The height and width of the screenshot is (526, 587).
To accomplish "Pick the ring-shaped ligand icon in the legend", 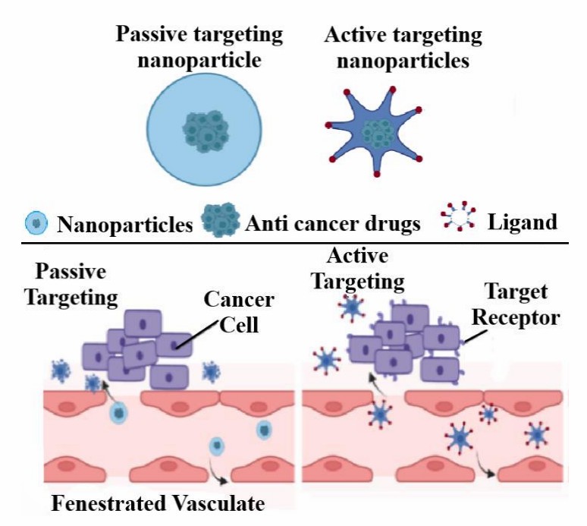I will click(x=458, y=219).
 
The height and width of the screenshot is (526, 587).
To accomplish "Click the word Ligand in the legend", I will click(x=523, y=222).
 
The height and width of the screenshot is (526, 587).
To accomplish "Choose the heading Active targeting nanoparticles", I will click(x=403, y=47).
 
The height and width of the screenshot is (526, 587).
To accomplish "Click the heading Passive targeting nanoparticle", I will click(x=199, y=47).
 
